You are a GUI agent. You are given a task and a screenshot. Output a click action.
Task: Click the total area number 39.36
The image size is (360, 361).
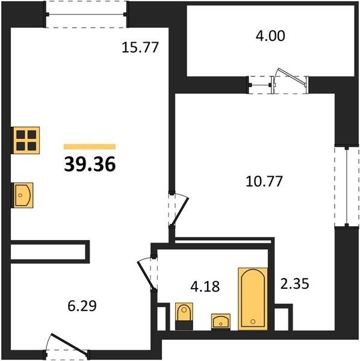tap(90, 164)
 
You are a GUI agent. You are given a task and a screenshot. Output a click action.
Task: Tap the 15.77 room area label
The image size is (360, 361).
tap(140, 48)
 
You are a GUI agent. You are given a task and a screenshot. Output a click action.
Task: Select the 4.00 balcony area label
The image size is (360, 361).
tap(270, 36)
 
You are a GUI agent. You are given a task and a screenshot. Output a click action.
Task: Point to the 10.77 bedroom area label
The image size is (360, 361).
tap(264, 181)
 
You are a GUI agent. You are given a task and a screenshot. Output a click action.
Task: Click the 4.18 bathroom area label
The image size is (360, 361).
tap(205, 286)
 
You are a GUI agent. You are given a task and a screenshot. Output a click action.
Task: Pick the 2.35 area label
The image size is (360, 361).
tap(294, 283)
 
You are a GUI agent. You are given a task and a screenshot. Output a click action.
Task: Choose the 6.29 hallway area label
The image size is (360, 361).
tap(82, 306)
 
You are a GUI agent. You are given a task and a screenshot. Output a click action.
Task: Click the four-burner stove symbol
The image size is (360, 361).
tap(26, 140)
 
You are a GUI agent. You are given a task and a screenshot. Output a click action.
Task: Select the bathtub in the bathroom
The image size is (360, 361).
tap(253, 299)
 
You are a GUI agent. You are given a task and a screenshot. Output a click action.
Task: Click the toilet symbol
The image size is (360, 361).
tap(184, 316)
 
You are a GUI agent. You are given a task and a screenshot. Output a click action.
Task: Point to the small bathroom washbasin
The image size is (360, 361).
tap(221, 322)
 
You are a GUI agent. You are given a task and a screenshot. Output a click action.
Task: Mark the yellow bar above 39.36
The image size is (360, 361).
tap(90, 147)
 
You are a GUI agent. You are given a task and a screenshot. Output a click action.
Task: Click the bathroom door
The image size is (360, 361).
tap(146, 274)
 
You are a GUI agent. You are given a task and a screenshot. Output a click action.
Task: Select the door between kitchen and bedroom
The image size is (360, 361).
tap(179, 211)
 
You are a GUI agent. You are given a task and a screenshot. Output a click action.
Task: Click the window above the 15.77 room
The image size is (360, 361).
tap(86, 14)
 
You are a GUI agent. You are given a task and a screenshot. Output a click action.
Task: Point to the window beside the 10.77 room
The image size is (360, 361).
tap(347, 187)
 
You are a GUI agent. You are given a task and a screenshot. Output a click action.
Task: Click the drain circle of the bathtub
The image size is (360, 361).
tap(253, 321)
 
